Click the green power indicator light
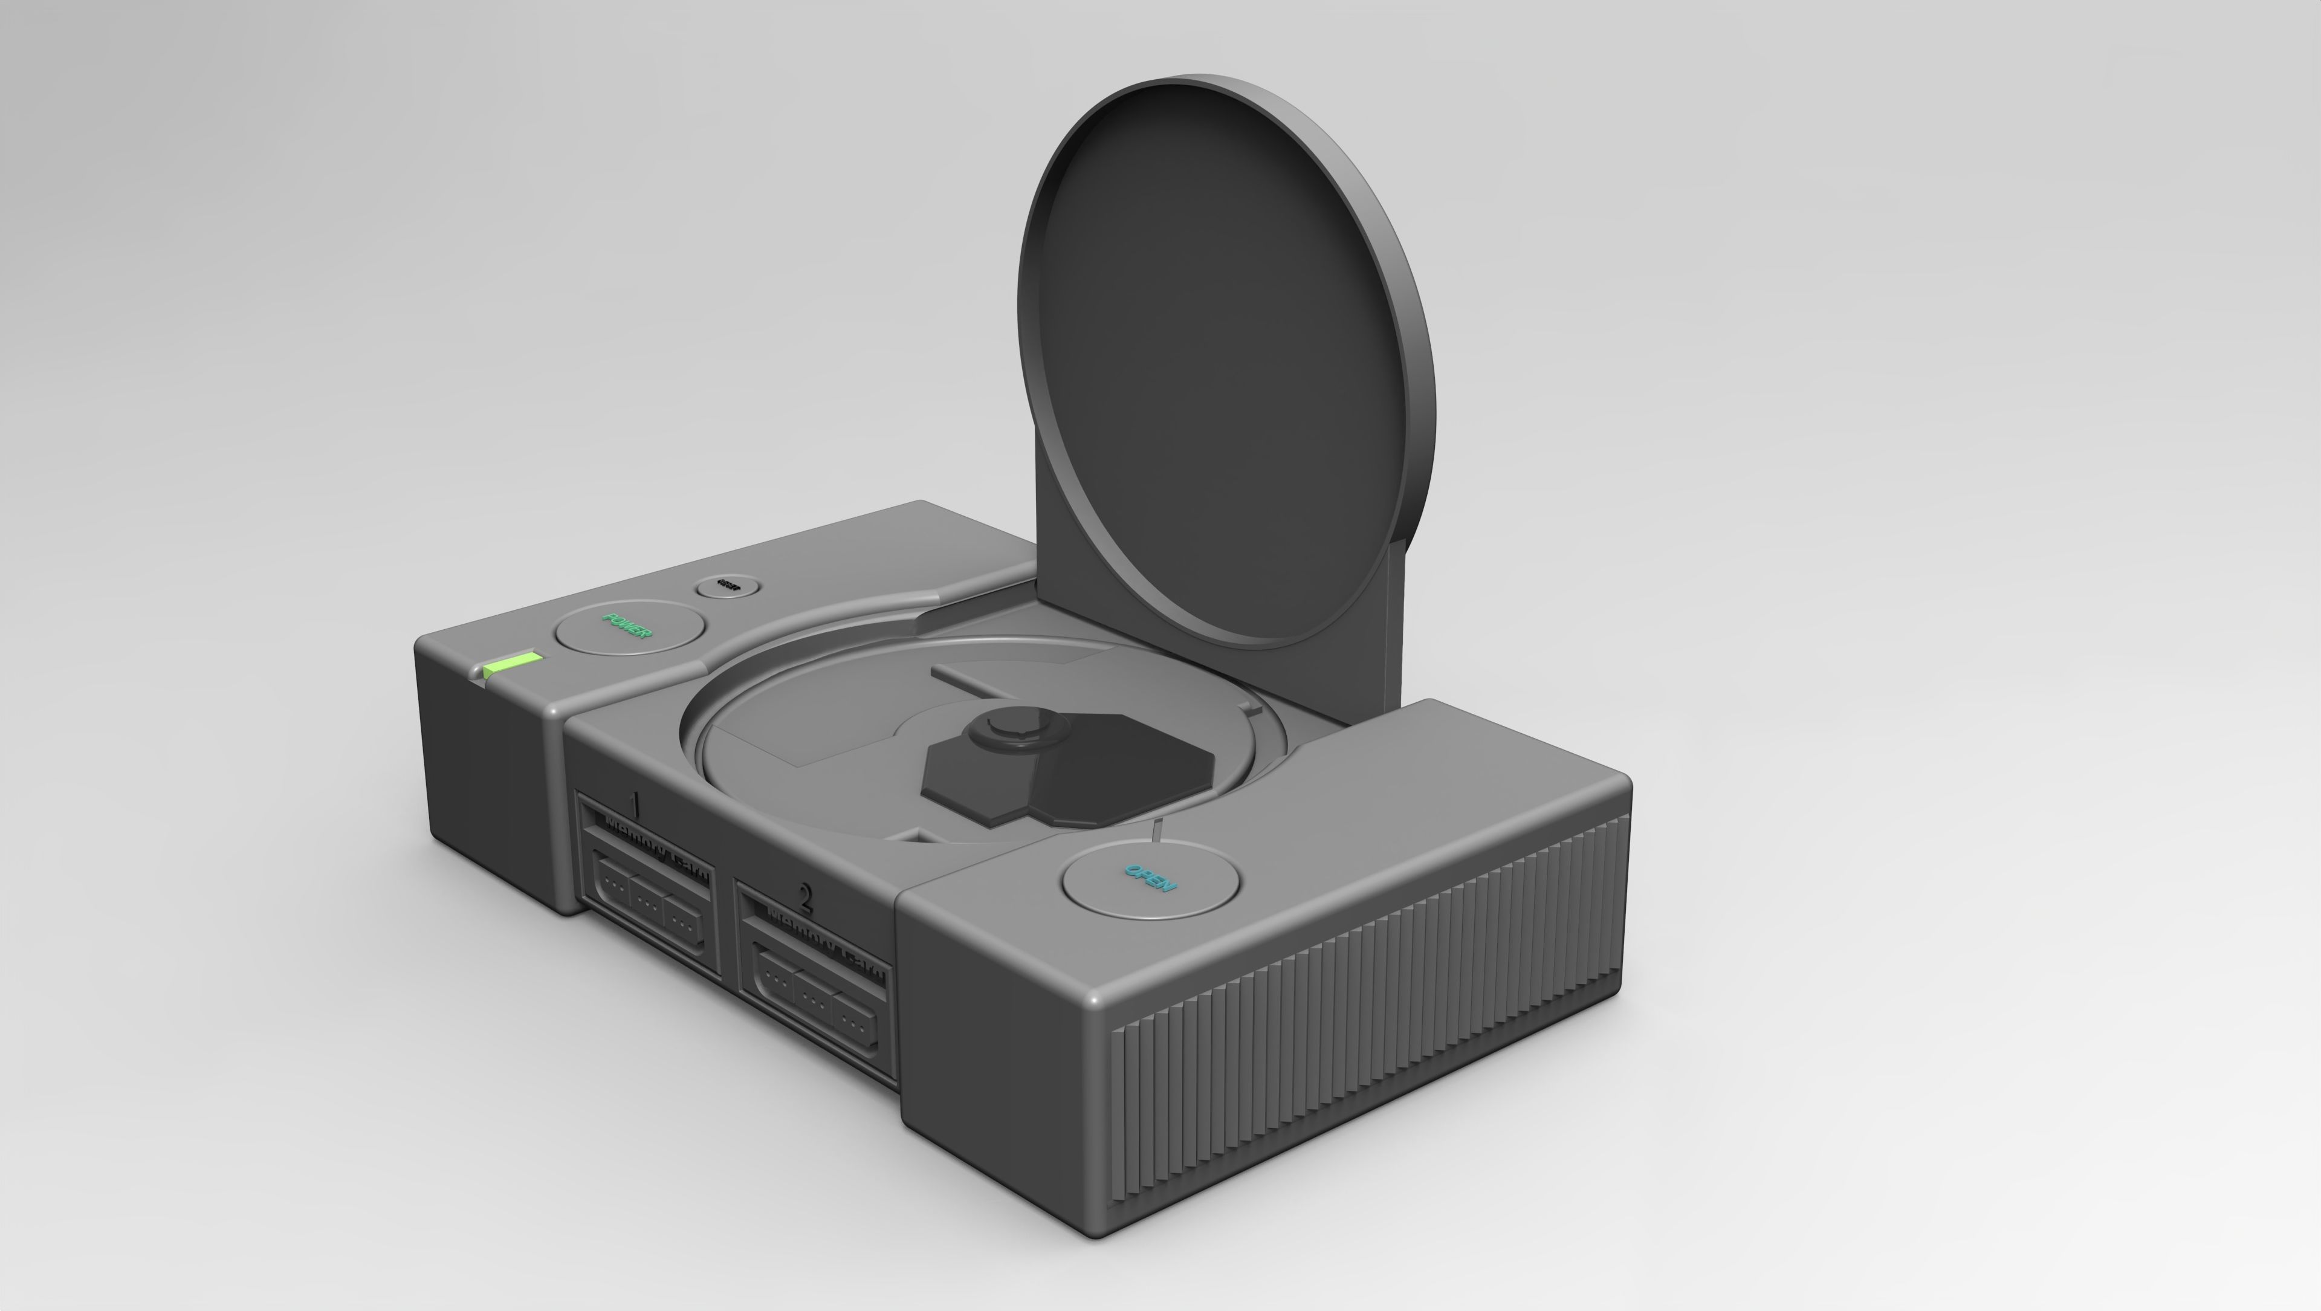(x=512, y=667)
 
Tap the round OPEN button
(x=1151, y=878)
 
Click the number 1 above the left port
(x=635, y=802)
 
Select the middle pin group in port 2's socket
(x=815, y=1000)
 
